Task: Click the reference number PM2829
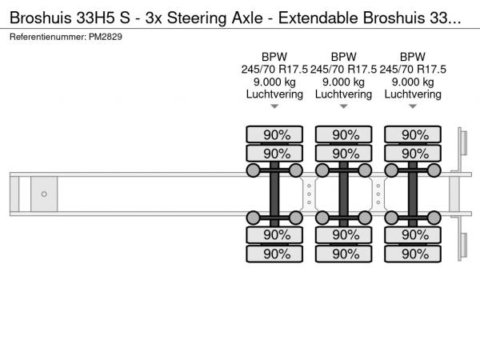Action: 106,37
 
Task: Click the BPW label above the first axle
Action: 274,57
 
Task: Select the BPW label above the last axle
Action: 413,57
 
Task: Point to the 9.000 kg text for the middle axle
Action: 343,82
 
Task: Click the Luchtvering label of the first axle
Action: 274,94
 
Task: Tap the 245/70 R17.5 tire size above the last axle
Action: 413,70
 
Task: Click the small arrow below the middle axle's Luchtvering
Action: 343,106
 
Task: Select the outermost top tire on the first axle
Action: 274,134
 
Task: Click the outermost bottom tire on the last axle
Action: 413,254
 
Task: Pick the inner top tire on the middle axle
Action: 343,154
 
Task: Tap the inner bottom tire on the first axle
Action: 274,235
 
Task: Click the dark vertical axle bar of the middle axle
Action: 343,194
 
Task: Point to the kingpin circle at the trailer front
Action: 44,194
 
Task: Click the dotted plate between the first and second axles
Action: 309,194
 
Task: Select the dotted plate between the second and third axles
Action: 378,194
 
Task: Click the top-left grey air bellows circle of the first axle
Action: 253,170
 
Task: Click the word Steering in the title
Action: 197,18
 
